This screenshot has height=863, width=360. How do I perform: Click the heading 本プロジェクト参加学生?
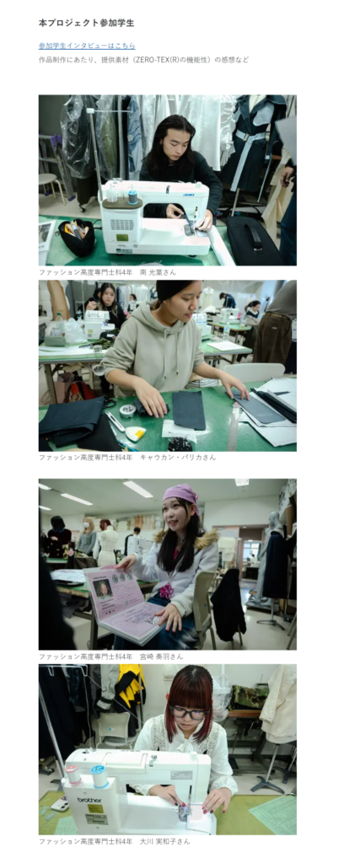[87, 23]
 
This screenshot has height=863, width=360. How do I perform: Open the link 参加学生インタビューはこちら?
[87, 46]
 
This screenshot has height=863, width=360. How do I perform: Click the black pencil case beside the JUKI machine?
[77, 237]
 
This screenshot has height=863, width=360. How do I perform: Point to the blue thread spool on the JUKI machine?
[132, 197]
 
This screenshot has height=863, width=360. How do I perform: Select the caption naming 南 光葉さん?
[107, 272]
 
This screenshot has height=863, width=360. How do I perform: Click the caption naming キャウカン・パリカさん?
[127, 458]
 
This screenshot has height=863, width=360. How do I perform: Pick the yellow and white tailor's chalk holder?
[135, 433]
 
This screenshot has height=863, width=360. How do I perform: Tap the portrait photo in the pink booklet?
[104, 591]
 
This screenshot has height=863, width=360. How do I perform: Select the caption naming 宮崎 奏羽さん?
[110, 657]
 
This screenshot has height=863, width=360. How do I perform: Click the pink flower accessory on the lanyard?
[167, 591]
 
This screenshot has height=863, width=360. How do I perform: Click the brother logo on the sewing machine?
[89, 799]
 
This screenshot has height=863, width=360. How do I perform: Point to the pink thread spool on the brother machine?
[73, 775]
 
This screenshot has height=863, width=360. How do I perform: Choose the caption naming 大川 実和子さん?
[114, 842]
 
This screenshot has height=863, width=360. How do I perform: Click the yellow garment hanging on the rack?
[132, 684]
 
